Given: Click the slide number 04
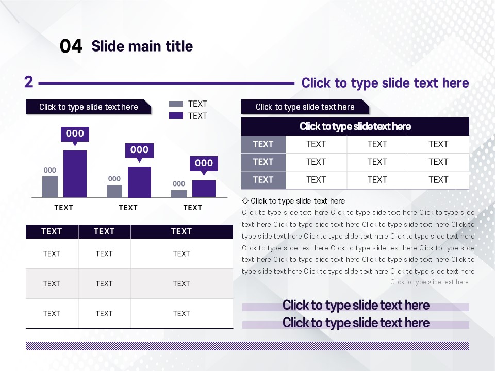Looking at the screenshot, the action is click(71, 46).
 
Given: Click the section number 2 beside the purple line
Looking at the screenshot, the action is click(29, 82).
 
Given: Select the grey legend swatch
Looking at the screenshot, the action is click(176, 104).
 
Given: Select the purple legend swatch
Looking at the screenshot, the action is click(176, 115).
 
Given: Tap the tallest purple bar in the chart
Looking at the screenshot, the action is click(75, 174).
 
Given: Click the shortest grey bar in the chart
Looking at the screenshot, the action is click(179, 194).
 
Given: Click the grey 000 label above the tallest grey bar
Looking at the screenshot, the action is click(50, 171).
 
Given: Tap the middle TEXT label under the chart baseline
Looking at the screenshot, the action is click(128, 208).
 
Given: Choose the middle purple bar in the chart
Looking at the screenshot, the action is click(139, 182).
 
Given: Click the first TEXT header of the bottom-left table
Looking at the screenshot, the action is click(52, 231).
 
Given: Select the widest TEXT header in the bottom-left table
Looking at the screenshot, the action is click(181, 231).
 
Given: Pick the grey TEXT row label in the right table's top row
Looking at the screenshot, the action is click(263, 144).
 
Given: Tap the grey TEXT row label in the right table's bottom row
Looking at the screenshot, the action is click(263, 180).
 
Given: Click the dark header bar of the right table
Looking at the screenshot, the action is click(355, 127).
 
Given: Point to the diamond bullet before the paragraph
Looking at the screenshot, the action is click(245, 200).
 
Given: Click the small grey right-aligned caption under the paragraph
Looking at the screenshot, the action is click(430, 282).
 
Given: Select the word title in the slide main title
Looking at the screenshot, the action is click(179, 46).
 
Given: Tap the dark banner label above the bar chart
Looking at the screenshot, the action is click(88, 107).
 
